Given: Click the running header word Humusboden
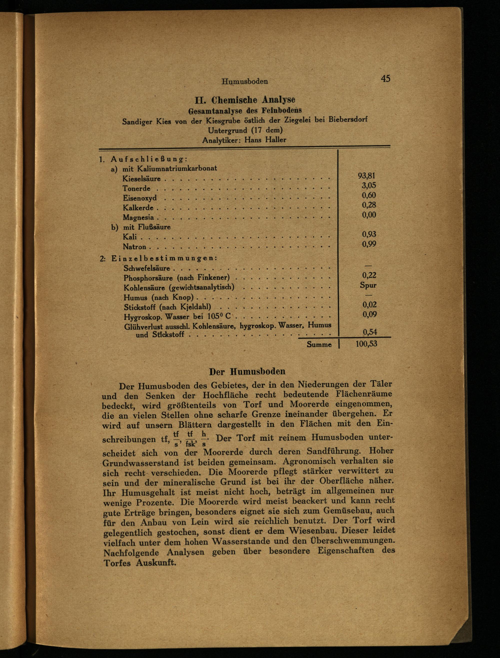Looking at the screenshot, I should click(245, 81).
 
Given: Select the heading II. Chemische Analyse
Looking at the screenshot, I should click(245, 100).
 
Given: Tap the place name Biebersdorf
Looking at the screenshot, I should click(348, 120).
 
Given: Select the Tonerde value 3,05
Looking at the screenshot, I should click(369, 185).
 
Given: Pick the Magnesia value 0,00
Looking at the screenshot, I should click(369, 215).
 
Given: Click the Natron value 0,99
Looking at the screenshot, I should click(369, 244).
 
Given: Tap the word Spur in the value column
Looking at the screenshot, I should click(368, 285).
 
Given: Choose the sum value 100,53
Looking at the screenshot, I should click(366, 344).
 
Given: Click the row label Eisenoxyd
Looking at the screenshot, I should click(139, 198).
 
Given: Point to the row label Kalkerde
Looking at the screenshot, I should click(138, 208).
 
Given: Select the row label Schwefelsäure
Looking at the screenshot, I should click(147, 268).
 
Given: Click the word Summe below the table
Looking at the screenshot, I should click(319, 345).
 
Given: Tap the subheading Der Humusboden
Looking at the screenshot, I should click(247, 372).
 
